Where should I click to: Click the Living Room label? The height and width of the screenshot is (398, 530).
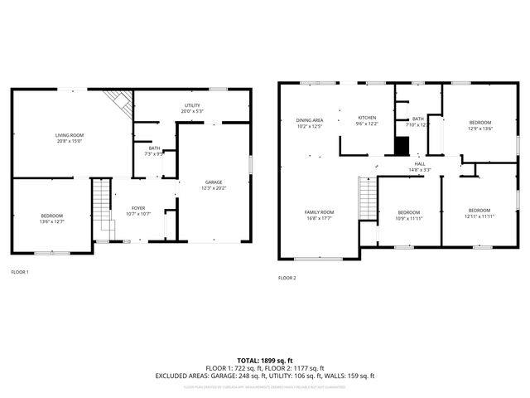[70, 135]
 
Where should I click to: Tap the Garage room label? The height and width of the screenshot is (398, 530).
[214, 182]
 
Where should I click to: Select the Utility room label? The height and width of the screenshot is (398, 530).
[192, 105]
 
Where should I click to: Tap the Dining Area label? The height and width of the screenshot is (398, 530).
[309, 121]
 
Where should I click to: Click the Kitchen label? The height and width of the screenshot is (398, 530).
[367, 119]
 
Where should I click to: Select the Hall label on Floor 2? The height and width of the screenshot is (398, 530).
[420, 164]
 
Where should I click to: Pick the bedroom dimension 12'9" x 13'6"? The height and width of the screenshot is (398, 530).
[479, 129]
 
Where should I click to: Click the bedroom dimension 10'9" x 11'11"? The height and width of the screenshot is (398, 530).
[408, 218]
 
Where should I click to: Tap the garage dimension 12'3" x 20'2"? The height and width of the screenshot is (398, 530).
[214, 187]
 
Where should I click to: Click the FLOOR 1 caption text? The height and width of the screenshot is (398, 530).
[20, 271]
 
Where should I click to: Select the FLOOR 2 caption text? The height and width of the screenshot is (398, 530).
[287, 277]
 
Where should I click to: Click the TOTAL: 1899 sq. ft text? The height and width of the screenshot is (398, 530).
[264, 361]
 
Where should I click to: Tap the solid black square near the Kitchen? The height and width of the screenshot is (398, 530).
[401, 147]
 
